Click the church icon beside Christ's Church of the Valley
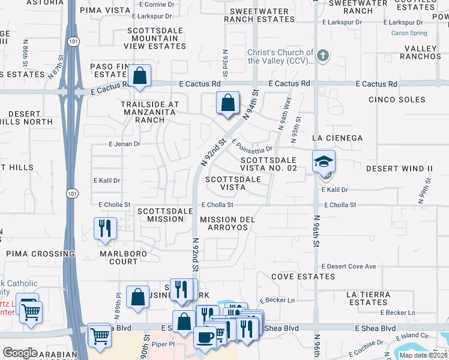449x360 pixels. [323, 56]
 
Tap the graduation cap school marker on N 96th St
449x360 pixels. [324, 161]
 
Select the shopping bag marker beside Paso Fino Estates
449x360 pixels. [139, 76]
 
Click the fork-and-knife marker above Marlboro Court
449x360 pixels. [105, 228]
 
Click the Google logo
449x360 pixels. [20, 353]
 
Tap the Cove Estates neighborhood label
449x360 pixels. [303, 277]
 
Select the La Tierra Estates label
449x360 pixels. [369, 298]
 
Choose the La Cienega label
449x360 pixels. [337, 138]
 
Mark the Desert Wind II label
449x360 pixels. [399, 169]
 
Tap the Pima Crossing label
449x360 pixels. [40, 254]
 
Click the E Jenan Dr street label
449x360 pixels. [124, 144]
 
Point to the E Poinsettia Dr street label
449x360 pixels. [252, 146]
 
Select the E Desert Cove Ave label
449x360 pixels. [349, 266]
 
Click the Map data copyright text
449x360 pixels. [423, 355]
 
